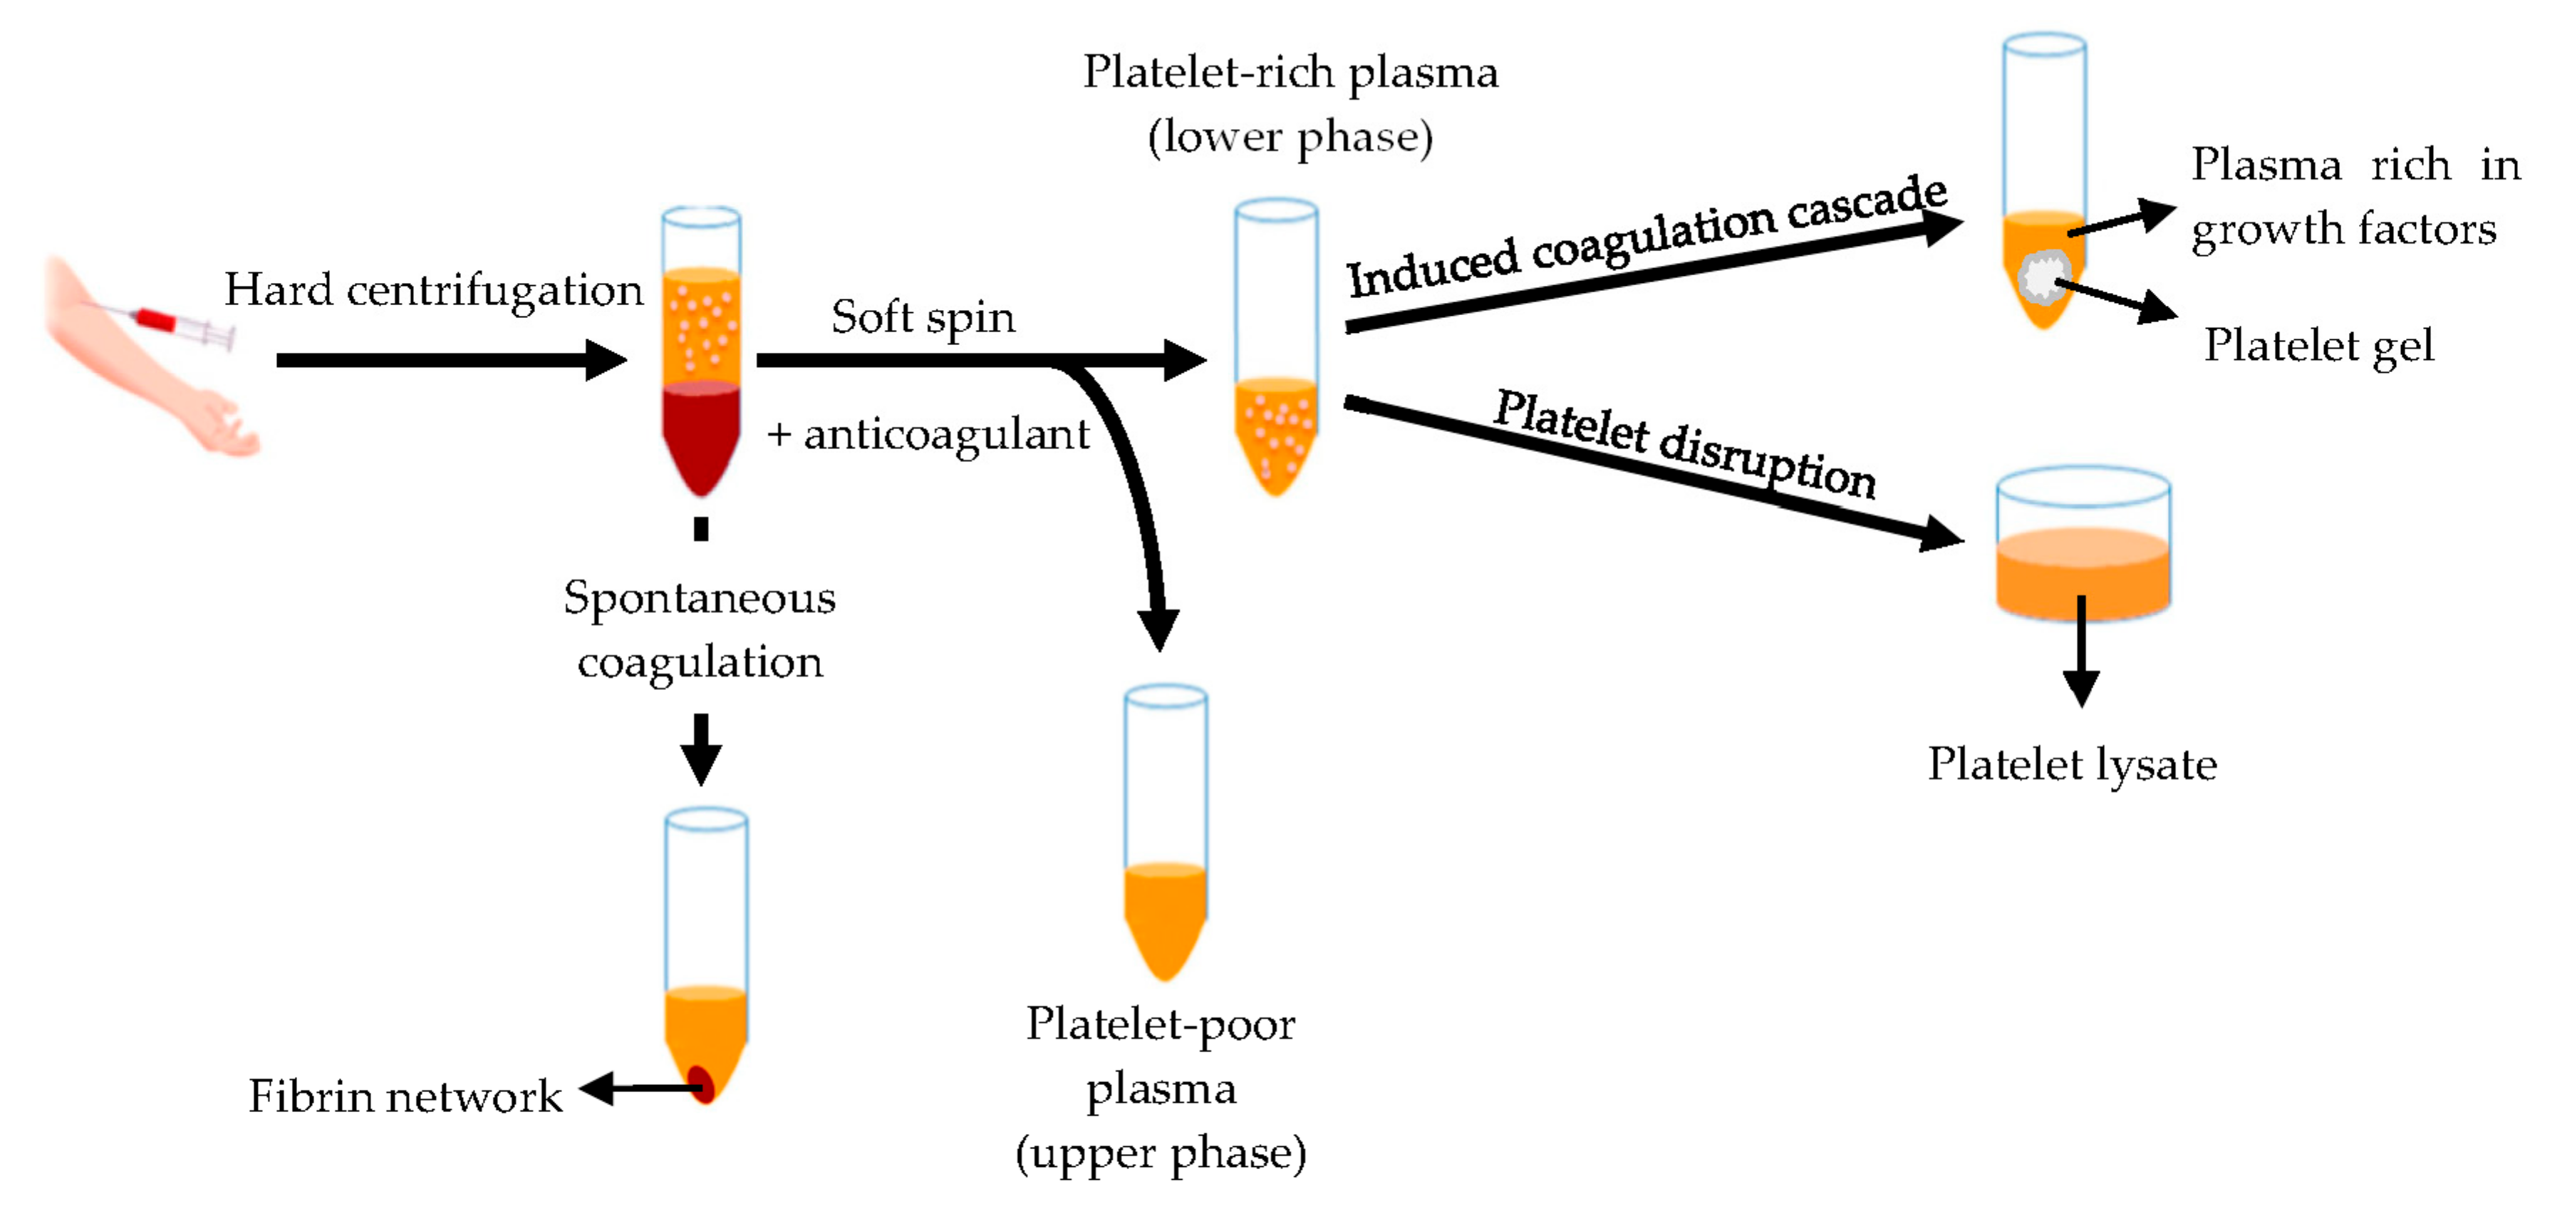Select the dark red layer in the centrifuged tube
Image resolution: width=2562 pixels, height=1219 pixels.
(700, 433)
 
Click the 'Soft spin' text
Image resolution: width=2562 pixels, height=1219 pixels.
(922, 317)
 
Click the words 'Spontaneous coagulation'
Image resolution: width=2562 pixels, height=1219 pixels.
(699, 629)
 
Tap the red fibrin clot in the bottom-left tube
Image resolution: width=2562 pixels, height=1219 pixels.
(700, 1083)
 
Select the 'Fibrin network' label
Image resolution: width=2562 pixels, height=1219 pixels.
(405, 1096)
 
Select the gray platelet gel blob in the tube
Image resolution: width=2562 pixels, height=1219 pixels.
(2043, 277)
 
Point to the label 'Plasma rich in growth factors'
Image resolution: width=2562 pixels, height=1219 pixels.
(2353, 197)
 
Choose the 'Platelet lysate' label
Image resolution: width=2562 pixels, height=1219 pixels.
(2072, 765)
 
